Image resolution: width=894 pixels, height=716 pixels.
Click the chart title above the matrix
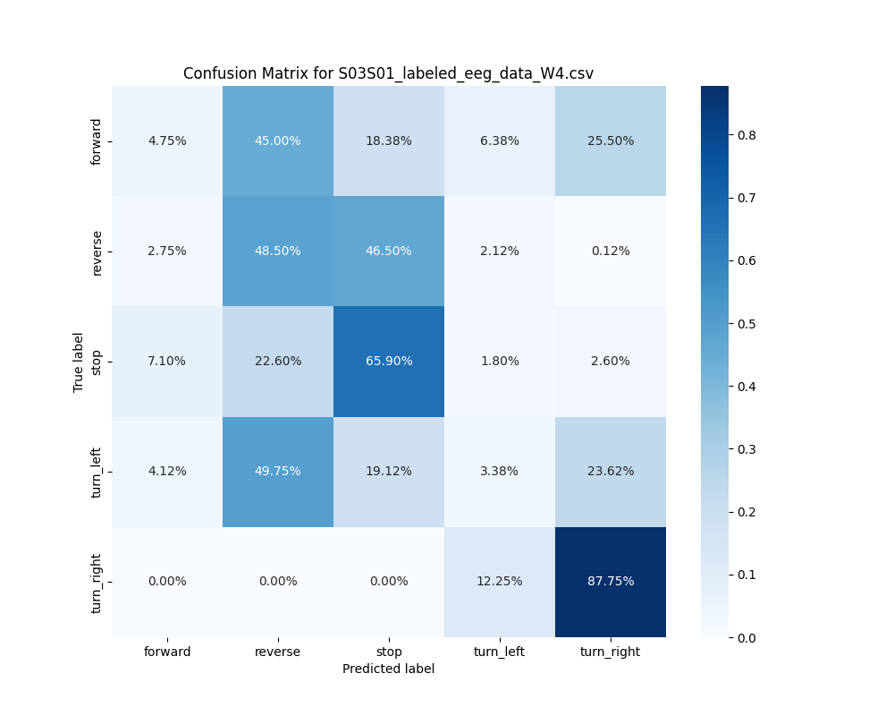[x=388, y=73]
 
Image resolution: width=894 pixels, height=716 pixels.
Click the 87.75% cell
[x=611, y=582]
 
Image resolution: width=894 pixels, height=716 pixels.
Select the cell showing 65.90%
[x=389, y=362]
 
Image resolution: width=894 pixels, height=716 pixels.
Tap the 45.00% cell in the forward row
[x=278, y=141]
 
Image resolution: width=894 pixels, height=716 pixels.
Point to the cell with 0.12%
[x=611, y=251]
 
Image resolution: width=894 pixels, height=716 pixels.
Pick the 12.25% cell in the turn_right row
[x=500, y=582]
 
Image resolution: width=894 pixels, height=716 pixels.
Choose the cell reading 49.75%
[x=278, y=472]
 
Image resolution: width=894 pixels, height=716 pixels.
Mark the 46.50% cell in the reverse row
[x=389, y=251]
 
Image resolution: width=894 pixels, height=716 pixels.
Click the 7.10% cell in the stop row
[x=167, y=362]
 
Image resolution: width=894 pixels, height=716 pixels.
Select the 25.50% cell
[x=611, y=141]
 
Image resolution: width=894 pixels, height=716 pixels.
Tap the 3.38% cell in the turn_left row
[x=500, y=472]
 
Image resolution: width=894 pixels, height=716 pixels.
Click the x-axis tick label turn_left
[x=500, y=652]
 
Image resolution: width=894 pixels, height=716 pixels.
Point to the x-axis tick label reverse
[x=278, y=652]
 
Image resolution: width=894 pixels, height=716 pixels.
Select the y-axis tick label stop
[x=97, y=362]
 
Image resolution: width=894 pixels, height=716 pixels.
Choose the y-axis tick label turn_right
[x=97, y=583]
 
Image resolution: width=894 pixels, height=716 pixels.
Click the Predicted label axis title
[x=389, y=669]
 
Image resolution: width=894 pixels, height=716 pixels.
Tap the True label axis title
[x=79, y=362]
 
